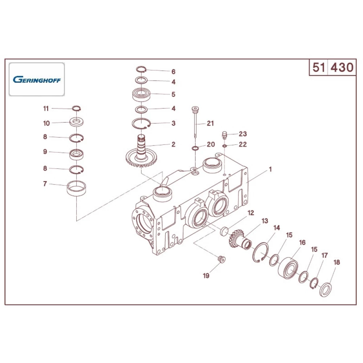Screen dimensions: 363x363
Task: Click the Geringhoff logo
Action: pyautogui.click(x=37, y=79)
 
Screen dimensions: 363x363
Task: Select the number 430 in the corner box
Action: pyautogui.click(x=341, y=68)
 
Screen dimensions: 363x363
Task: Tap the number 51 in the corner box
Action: pyautogui.click(x=318, y=68)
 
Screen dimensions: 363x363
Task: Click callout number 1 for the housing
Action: pyautogui.click(x=270, y=169)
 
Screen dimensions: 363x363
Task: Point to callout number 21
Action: pyautogui.click(x=210, y=123)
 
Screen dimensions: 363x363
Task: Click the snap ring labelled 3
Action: pyautogui.click(x=141, y=123)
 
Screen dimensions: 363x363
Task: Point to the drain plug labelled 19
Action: pyautogui.click(x=220, y=259)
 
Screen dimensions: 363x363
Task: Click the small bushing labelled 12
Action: pyautogui.click(x=224, y=231)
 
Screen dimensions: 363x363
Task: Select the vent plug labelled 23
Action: pyautogui.click(x=225, y=135)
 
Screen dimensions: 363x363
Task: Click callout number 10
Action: pyautogui.click(x=46, y=123)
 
